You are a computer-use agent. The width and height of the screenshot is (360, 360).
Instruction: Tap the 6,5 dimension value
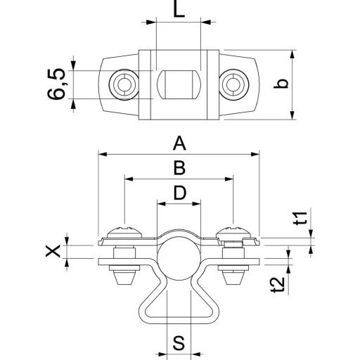[x=56, y=84]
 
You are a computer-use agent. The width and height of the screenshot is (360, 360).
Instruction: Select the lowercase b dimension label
[x=281, y=84]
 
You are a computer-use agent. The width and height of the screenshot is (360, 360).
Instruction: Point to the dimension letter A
[x=179, y=143]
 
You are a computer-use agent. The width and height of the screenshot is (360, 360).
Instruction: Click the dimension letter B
[x=179, y=168]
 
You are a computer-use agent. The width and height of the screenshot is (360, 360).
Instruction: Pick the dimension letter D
[x=180, y=193]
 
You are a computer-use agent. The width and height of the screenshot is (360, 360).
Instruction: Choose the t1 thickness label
[x=301, y=218]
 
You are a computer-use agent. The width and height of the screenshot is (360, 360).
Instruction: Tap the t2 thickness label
[x=278, y=285]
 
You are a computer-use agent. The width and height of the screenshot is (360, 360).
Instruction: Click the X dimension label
[x=53, y=251]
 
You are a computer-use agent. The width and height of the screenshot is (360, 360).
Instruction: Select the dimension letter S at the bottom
[x=179, y=343]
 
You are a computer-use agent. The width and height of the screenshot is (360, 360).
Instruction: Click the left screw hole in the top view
[x=124, y=84]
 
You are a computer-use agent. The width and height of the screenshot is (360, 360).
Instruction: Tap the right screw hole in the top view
[x=234, y=84]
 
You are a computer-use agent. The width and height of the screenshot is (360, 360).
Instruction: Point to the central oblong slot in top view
[x=179, y=84]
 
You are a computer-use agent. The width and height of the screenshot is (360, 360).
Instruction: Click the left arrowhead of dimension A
[x=103, y=154]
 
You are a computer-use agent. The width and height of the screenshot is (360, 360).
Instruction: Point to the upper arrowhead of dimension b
[x=292, y=54]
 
